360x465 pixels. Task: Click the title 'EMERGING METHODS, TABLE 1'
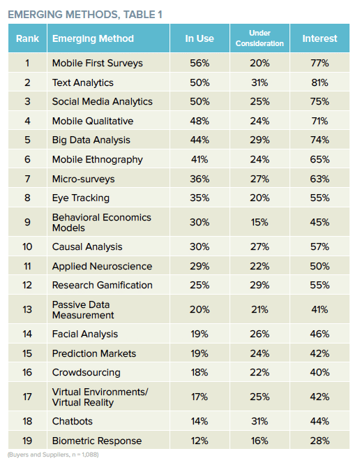point(85,15)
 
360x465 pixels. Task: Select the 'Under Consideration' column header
point(260,38)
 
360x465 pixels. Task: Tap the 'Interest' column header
point(320,38)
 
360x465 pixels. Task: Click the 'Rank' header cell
point(27,38)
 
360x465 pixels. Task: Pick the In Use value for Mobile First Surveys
point(200,63)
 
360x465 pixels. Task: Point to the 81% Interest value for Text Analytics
point(320,82)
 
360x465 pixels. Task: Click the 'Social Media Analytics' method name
point(103,102)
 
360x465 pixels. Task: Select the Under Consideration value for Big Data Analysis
point(260,140)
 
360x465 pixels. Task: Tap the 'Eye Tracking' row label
point(81,198)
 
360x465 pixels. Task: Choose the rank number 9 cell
point(27,222)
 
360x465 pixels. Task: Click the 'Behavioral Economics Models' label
point(102,223)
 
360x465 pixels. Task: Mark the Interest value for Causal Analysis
point(320,246)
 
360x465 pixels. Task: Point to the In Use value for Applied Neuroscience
point(200,266)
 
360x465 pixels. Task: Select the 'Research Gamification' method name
point(103,286)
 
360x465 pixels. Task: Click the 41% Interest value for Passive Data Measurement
point(320,309)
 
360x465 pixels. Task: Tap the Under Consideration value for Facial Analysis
point(260,334)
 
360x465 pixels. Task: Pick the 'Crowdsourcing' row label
point(87,373)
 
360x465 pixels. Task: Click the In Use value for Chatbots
point(200,421)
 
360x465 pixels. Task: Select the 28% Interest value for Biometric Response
point(320,441)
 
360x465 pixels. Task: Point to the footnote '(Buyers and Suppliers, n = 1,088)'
point(53,455)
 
